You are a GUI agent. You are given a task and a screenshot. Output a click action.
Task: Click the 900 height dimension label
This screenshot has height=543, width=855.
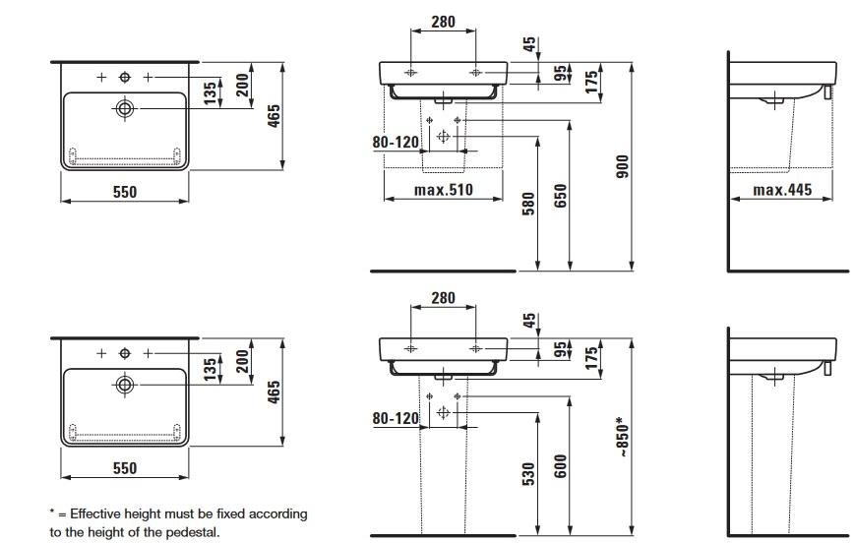coord(621,167)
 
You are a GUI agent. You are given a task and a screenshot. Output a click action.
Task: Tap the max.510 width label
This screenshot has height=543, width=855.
coord(444,190)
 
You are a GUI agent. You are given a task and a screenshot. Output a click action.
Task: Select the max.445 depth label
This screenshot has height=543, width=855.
coord(782,190)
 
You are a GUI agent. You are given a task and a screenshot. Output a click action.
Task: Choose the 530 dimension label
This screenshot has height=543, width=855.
coord(527,475)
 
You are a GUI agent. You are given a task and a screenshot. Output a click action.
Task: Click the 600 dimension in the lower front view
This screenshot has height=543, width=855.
coord(559,466)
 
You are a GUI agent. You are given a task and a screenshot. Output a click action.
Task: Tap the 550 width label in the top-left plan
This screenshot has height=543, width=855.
coord(124,192)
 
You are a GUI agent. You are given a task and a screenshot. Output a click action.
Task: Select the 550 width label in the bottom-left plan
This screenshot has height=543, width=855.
coord(124,468)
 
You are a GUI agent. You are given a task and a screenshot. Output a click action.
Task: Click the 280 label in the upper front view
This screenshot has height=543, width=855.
coord(443,21)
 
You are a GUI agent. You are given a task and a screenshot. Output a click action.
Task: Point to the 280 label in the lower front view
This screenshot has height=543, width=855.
coord(443,298)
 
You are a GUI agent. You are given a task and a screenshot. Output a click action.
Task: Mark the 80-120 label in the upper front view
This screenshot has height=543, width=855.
coord(396,142)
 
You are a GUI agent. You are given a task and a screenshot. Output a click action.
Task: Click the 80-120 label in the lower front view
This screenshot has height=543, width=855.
coord(396,418)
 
